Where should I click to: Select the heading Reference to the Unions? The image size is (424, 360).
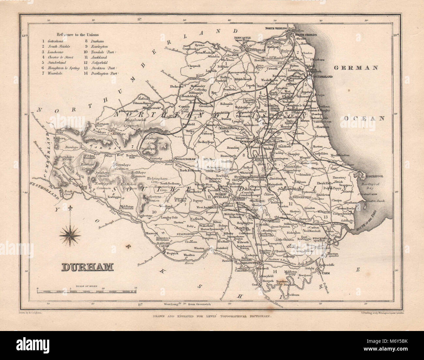click(78, 35)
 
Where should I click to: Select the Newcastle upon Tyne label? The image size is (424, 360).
click(242, 39)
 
